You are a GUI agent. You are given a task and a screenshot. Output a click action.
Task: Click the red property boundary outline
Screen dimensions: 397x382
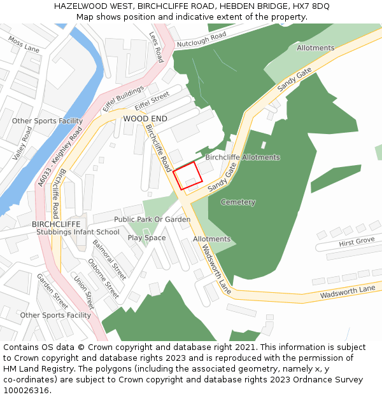pyautogui.click(x=188, y=175)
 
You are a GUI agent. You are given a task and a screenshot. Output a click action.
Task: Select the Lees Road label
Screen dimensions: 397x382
pyautogui.click(x=155, y=48)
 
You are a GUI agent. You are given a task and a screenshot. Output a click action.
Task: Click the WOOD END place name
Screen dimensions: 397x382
pyautogui.click(x=145, y=119)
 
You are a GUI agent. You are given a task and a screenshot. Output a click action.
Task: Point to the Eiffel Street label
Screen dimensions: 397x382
pyautogui.click(x=152, y=100)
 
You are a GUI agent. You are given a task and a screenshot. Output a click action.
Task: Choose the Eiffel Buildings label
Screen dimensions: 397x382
pyautogui.click(x=123, y=100)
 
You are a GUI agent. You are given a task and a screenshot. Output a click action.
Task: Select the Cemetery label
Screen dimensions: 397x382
pyautogui.click(x=237, y=202)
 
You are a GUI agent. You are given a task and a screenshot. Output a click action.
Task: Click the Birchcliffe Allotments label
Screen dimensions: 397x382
pyautogui.click(x=242, y=157)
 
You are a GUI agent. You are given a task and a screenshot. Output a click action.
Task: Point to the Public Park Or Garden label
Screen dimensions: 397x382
pyautogui.click(x=152, y=219)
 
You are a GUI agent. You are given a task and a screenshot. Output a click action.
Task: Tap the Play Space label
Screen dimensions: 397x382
pyautogui.click(x=146, y=238)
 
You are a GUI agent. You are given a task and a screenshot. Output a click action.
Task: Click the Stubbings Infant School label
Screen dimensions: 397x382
pyautogui.click(x=78, y=232)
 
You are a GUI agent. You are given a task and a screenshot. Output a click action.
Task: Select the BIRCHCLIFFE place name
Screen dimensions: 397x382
pyautogui.click(x=56, y=224)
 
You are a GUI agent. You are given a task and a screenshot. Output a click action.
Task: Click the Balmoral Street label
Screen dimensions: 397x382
pyautogui.click(x=110, y=259)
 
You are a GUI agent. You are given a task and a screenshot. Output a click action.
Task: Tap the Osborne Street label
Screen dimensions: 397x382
pyautogui.click(x=103, y=278)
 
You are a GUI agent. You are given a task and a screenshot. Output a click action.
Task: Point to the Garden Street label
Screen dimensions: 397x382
pyautogui.click(x=52, y=292)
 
